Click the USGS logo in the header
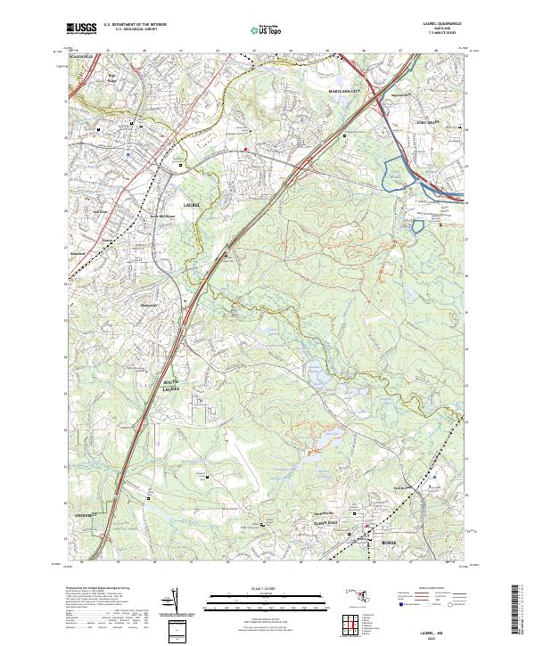pyautogui.click(x=81, y=29)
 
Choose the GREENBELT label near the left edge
pyautogui.click(x=84, y=513)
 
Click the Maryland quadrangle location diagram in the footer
pyautogui.click(x=363, y=594)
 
